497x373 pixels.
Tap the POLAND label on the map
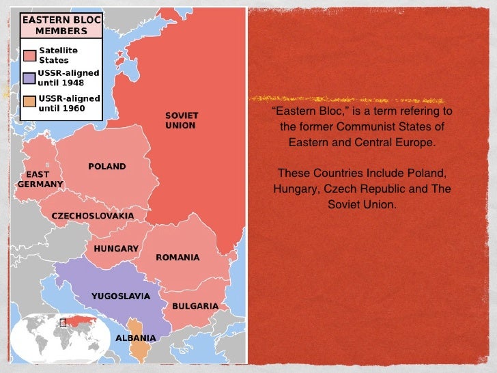[107, 166]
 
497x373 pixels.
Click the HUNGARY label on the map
[116, 248]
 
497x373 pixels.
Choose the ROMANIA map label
[177, 258]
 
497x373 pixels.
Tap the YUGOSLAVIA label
[121, 296]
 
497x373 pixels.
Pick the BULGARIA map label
[195, 306]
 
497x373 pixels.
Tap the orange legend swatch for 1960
[29, 102]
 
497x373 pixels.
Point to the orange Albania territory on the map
[138, 348]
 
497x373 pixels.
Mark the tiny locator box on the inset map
[62, 322]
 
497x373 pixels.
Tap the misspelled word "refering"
[416, 112]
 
